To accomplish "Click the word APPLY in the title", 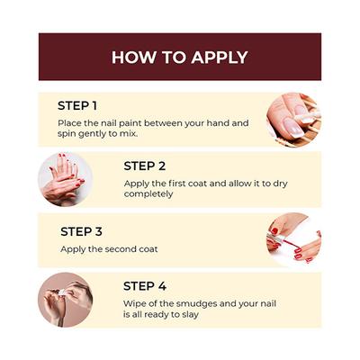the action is pos(220,58).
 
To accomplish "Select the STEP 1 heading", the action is pos(77,106).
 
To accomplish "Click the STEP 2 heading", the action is pos(145,166).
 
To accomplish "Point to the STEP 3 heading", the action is pos(81,231).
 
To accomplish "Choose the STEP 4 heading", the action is pos(145,286).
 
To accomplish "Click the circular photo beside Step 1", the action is pos(294,120).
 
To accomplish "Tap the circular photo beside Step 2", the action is pos(66,179).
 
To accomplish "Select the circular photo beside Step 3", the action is pos(294,239).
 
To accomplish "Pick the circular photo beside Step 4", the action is pos(66,300).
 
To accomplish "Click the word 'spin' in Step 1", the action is pos(67,134).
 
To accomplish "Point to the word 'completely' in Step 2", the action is pos(148,194).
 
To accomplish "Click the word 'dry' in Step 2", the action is pos(280,184).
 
